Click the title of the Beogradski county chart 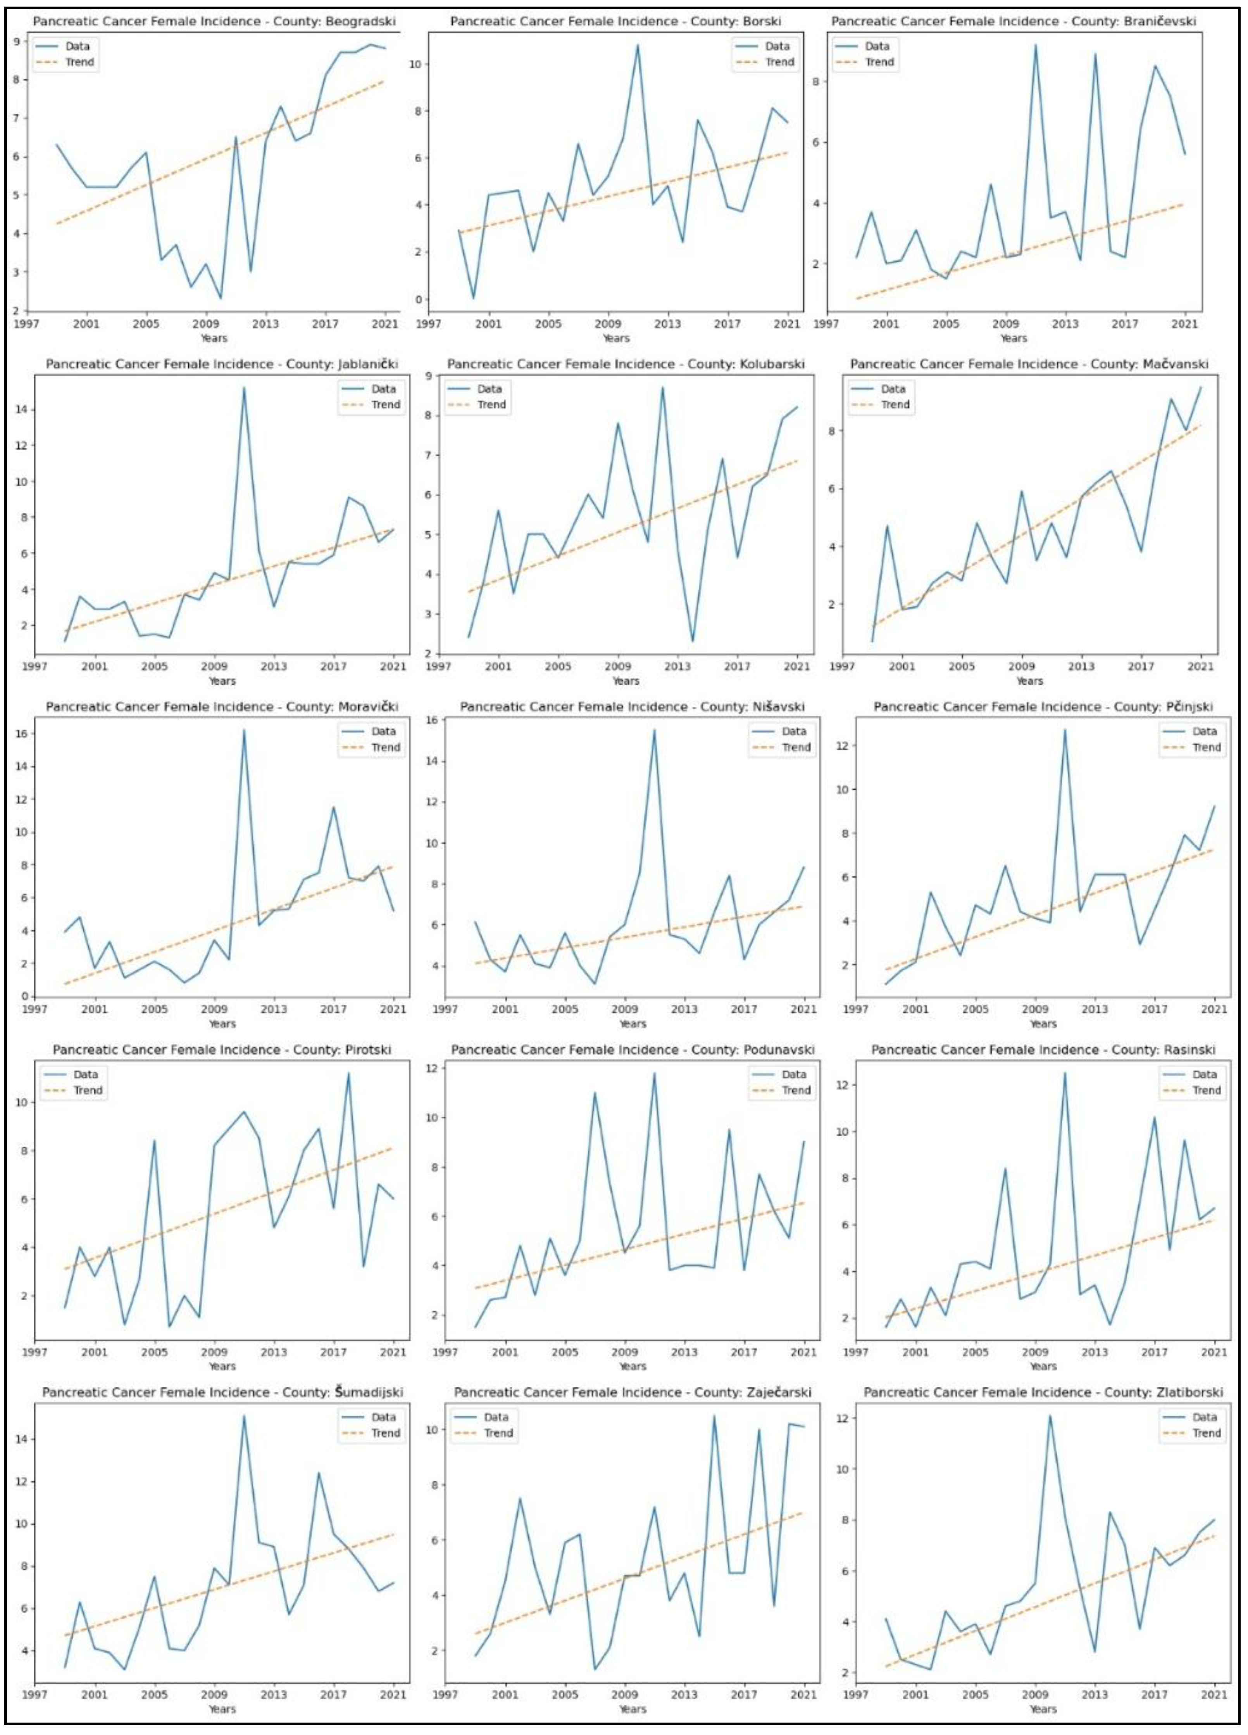point(214,21)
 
